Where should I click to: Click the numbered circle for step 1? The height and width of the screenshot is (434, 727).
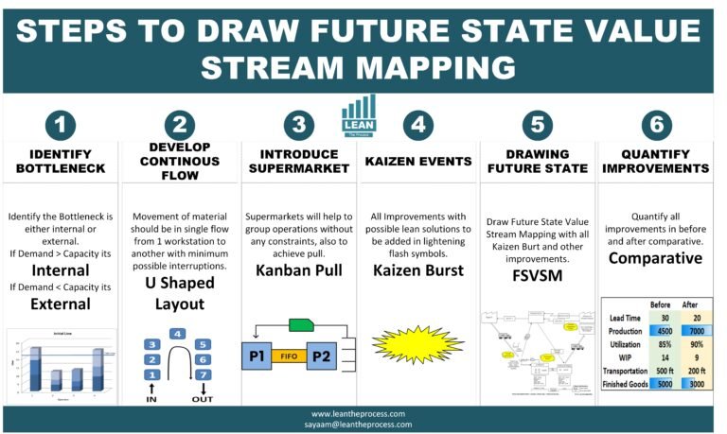pos(61,126)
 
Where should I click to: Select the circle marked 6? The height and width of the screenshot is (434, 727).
pos(656,126)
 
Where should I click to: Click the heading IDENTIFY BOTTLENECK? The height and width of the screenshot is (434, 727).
pos(60,162)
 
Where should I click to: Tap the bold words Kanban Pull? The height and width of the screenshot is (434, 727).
pos(299,271)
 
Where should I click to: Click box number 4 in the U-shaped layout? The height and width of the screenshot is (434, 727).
pos(177,334)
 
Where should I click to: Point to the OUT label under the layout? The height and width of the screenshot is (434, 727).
pos(204,398)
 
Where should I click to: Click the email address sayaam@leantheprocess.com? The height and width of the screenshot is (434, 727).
pos(363,425)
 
